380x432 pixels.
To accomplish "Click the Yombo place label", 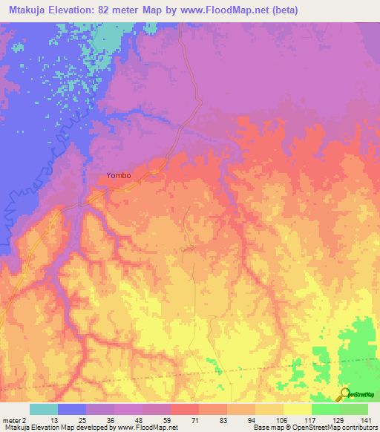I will click(x=119, y=175).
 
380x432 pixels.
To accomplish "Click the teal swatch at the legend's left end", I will click(x=44, y=409).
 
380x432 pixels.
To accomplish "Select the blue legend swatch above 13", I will click(x=72, y=409).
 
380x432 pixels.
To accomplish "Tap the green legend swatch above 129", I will click(x=326, y=409).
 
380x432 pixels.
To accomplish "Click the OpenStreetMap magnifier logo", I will click(x=344, y=394).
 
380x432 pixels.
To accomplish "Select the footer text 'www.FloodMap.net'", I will click(x=148, y=428).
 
